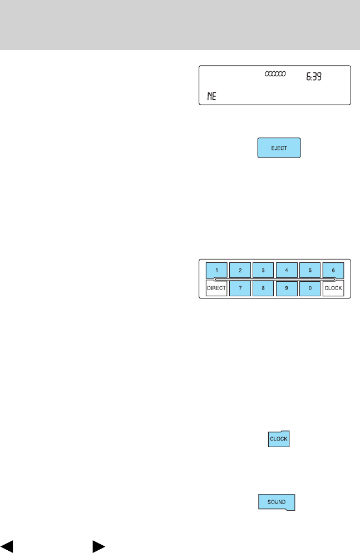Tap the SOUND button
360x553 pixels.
click(x=276, y=502)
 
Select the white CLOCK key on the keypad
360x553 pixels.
click(x=333, y=288)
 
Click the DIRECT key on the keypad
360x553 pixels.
click(x=216, y=288)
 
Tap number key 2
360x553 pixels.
click(x=240, y=270)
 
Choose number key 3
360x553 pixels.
click(x=263, y=270)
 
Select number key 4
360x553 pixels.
click(x=287, y=270)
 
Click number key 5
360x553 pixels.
click(x=310, y=270)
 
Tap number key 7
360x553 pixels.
click(x=240, y=288)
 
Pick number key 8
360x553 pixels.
click(x=263, y=288)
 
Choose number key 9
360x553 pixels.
click(x=287, y=288)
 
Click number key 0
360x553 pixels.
click(x=310, y=288)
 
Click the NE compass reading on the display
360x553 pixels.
click(x=211, y=96)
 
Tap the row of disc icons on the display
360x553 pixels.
click(x=274, y=74)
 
